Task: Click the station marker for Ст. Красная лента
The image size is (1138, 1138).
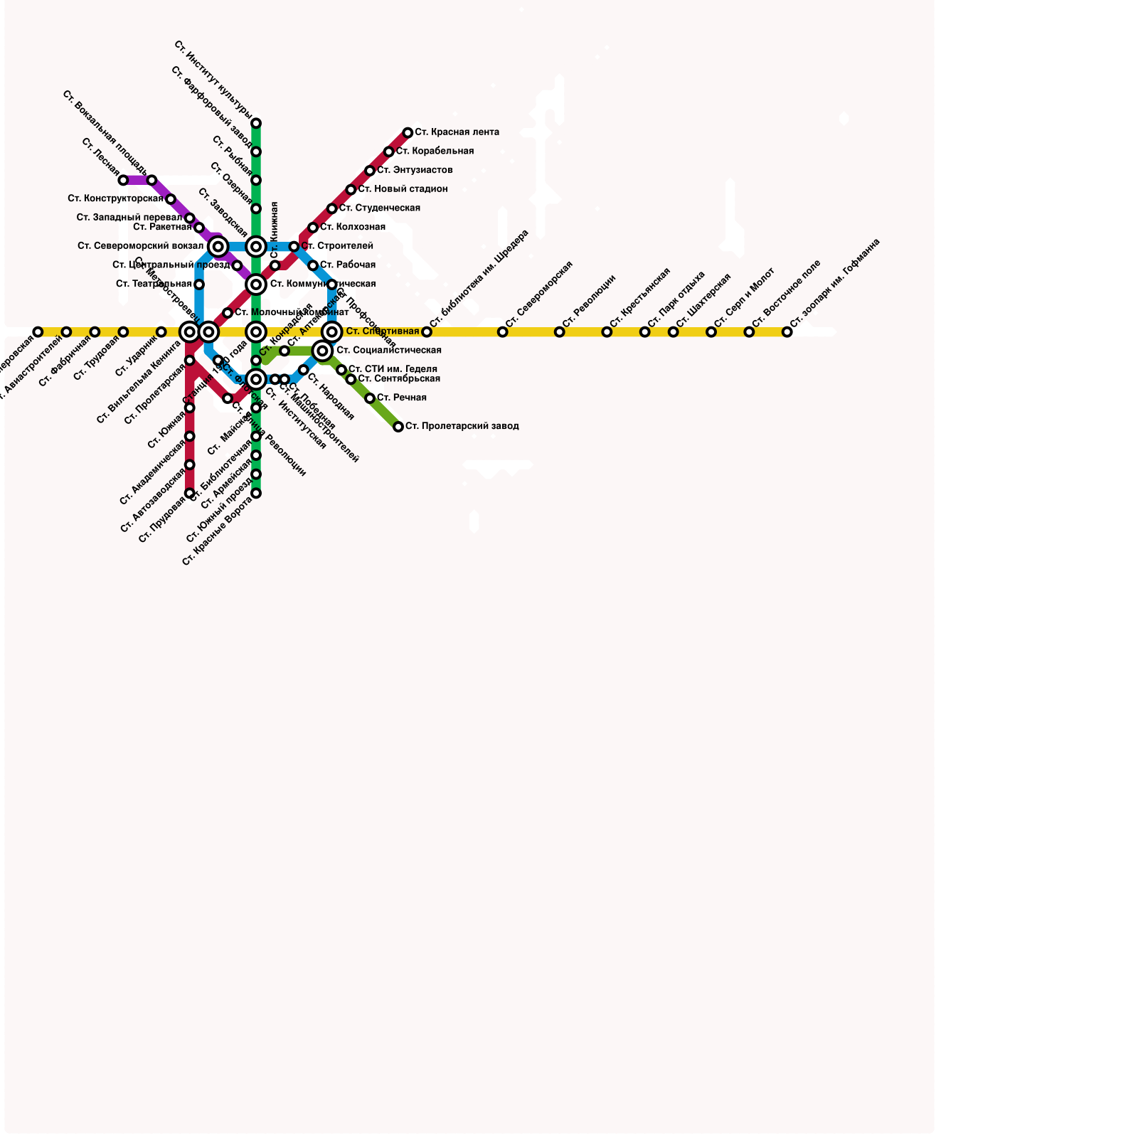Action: point(408,133)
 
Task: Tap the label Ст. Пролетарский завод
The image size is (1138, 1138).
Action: point(462,427)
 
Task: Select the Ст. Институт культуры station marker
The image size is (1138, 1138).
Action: point(256,123)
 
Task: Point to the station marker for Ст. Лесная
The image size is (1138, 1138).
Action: point(123,181)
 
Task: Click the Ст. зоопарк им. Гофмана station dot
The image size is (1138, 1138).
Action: point(787,332)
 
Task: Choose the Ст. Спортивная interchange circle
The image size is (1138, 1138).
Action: point(331,331)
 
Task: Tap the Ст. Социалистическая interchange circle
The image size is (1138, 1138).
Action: point(322,351)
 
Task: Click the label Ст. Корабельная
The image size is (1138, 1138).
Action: point(435,151)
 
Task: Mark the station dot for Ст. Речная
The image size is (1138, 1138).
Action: point(370,398)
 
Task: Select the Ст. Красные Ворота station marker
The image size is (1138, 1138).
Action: point(256,493)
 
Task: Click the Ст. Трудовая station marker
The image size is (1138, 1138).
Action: point(123,332)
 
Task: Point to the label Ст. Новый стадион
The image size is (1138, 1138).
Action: point(403,189)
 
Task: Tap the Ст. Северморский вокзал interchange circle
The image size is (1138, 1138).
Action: point(218,247)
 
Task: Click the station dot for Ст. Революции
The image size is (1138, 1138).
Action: point(559,332)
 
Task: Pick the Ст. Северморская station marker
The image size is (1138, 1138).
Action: point(502,332)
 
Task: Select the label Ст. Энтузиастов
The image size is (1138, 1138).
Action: point(415,171)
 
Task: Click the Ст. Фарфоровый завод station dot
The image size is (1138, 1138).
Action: point(256,151)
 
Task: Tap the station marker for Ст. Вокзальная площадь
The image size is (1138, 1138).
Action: point(151,181)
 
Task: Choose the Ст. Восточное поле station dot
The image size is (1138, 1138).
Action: point(749,332)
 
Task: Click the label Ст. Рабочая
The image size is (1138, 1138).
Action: point(348,265)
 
